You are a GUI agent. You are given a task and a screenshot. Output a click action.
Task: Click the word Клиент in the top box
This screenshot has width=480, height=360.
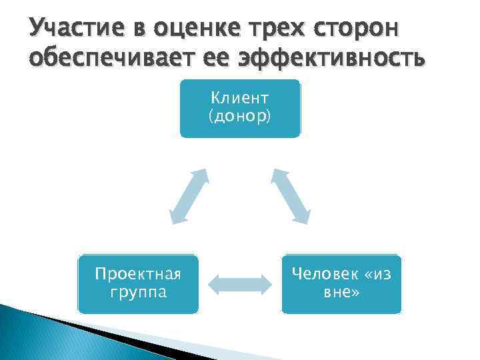pos(240,98)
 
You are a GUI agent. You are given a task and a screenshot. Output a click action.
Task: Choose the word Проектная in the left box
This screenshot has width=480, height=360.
pos(138,274)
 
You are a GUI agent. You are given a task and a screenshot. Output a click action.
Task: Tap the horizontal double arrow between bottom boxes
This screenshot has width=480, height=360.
pos(240,283)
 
